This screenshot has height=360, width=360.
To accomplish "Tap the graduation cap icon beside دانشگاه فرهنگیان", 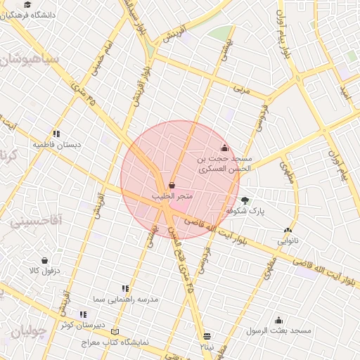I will click(27, 4).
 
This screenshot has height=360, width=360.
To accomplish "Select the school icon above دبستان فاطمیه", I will click(56, 134).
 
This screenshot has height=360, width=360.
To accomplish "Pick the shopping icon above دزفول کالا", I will click(45, 260).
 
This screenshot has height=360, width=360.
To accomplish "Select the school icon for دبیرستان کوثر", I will click(83, 314).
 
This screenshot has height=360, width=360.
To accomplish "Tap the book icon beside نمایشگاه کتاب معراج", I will click(115, 332).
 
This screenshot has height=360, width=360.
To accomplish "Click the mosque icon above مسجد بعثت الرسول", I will click(278, 320).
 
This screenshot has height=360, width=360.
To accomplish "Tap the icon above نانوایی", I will click(288, 230).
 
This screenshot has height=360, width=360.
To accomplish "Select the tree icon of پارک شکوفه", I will click(245, 200).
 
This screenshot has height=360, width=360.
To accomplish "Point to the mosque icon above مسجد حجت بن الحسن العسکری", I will click(224, 148).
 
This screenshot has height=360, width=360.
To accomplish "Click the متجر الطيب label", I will click(172, 193).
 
